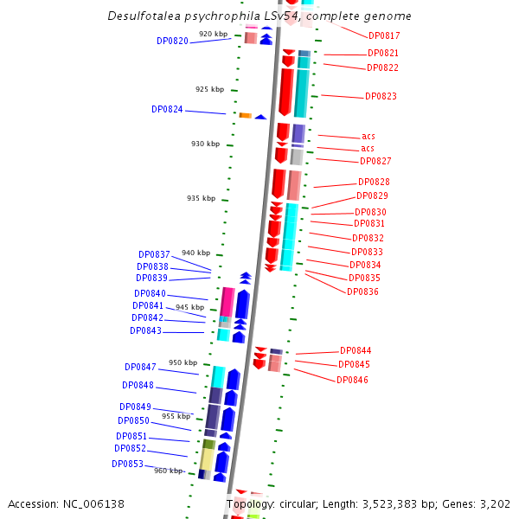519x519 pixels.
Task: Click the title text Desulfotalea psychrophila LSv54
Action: pos(259,16)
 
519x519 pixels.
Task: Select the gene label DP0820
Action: pos(172,42)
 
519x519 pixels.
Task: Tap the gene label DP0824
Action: pos(167,110)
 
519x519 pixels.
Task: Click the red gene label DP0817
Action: pos(384,36)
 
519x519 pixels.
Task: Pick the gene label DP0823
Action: pos(381,97)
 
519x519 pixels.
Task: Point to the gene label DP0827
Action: pos(375,162)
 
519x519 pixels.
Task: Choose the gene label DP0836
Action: pos(362,292)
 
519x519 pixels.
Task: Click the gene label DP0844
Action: pos(356,351)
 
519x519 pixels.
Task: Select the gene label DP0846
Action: pos(352,381)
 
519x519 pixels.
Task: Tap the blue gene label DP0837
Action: pos(154,255)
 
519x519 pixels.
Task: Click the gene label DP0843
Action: pos(145,331)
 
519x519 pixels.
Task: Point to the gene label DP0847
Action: pos(140,368)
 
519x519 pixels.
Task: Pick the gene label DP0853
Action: pos(127,465)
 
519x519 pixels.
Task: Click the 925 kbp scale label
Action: pos(209,89)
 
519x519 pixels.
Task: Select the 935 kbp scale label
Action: pos(201,199)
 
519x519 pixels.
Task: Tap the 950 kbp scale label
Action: pos(183,363)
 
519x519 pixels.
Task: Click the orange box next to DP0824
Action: pos(245,116)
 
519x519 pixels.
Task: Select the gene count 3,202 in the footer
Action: pos(494,503)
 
